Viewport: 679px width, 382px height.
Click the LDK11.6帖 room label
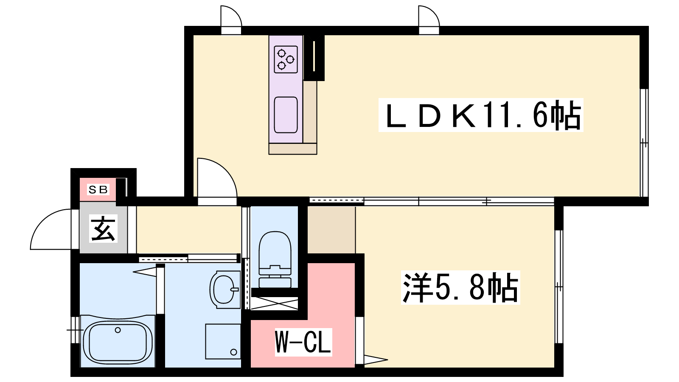(x=481, y=115)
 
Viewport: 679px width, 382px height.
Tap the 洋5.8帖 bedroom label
(x=460, y=287)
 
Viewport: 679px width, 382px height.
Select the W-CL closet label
(x=303, y=342)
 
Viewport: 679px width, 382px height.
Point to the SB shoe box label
(x=98, y=189)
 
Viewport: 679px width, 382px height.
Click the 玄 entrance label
(x=103, y=229)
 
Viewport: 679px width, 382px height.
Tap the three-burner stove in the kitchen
(x=286, y=59)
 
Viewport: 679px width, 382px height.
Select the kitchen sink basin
(x=286, y=115)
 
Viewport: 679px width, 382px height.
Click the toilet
(x=275, y=259)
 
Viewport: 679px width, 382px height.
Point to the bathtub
(x=118, y=342)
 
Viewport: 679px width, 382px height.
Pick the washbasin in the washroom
(x=225, y=289)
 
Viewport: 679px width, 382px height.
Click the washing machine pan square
(x=223, y=341)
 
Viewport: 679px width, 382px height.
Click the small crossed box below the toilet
(x=274, y=303)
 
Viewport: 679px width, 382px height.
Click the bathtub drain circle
(x=118, y=330)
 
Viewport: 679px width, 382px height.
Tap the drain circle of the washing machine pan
(x=233, y=352)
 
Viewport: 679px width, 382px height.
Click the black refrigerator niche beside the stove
(x=314, y=58)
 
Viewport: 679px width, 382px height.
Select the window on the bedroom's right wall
(x=559, y=287)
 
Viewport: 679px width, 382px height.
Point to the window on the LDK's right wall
(x=644, y=143)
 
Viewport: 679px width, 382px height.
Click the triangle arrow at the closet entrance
(x=376, y=360)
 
